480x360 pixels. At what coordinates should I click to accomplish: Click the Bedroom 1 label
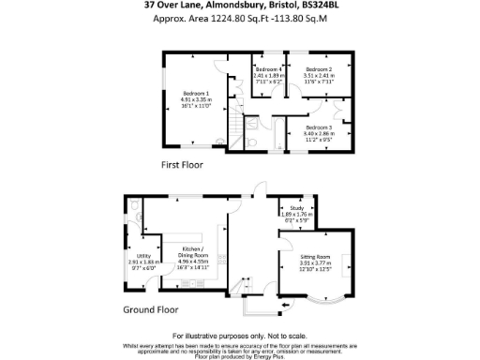coord(195,93)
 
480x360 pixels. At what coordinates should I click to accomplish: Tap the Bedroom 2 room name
coord(318,69)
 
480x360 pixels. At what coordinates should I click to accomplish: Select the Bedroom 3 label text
coord(318,127)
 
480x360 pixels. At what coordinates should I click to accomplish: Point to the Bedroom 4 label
coord(268,69)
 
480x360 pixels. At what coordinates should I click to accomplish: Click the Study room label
coord(298,209)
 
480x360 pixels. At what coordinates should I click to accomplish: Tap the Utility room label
coord(143,255)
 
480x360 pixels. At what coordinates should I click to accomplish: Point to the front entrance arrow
coord(285,306)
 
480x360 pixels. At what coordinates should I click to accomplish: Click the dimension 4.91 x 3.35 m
coord(195,98)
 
